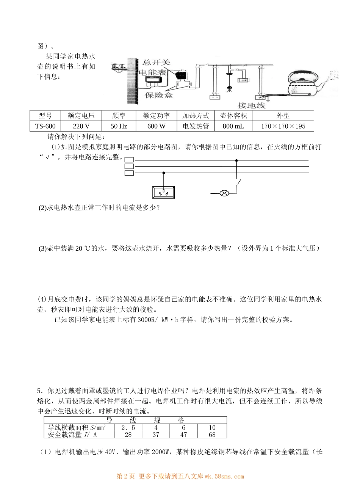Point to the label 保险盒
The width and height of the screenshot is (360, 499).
pyautogui.click(x=159, y=95)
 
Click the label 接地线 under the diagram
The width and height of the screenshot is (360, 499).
pyautogui.click(x=251, y=105)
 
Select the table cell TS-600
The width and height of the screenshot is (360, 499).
pyautogui.click(x=45, y=126)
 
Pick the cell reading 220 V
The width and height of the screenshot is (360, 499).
pyautogui.click(x=81, y=126)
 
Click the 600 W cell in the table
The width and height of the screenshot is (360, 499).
pyautogui.click(x=156, y=126)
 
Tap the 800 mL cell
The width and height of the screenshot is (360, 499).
pyautogui.click(x=233, y=126)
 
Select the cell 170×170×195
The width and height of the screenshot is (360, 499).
pyautogui.click(x=283, y=126)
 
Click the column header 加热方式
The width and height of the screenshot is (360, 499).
pyautogui.click(x=196, y=116)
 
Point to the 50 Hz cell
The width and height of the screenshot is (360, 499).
pyautogui.click(x=119, y=126)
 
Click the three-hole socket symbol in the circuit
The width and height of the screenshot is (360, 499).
pyautogui.click(x=163, y=192)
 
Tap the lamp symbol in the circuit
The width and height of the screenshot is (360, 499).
pyautogui.click(x=224, y=193)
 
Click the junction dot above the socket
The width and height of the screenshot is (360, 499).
pyautogui.click(x=164, y=173)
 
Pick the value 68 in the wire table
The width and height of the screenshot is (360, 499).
pyautogui.click(x=212, y=435)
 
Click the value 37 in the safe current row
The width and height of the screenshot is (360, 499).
pyautogui.click(x=155, y=435)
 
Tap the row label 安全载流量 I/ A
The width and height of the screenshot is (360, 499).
pyautogui.click(x=70, y=435)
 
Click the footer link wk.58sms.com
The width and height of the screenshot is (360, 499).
pyautogui.click(x=224, y=477)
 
